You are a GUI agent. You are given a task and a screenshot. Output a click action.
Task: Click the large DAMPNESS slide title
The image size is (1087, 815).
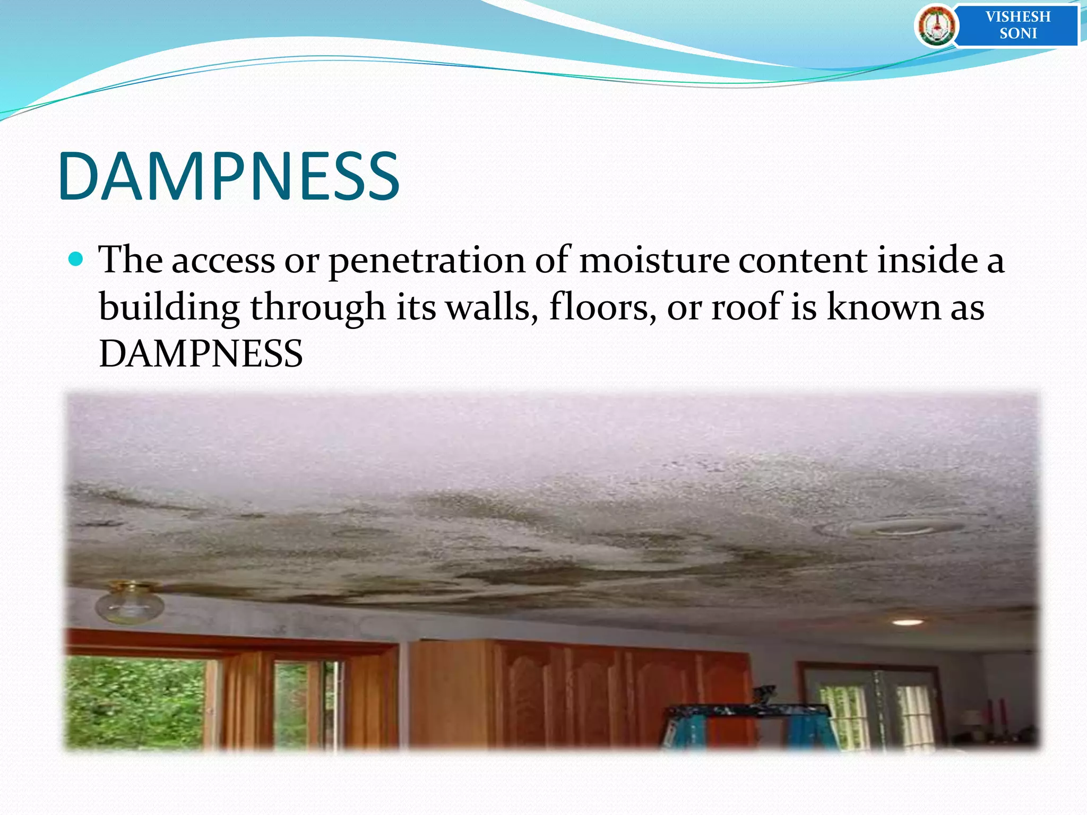click(228, 177)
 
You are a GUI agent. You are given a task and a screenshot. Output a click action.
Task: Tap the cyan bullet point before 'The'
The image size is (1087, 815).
click(76, 259)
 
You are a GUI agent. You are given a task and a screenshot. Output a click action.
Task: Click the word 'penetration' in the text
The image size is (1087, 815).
click(426, 261)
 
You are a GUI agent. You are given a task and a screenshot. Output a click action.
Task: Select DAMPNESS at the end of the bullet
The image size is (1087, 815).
click(201, 354)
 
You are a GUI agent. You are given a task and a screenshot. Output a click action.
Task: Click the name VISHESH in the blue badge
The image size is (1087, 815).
click(1017, 16)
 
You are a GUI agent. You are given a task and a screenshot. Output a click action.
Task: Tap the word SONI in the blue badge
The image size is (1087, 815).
click(1017, 33)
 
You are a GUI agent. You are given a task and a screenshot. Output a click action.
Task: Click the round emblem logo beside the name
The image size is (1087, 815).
click(936, 25)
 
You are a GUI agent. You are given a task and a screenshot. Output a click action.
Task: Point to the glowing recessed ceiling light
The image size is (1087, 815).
click(907, 622)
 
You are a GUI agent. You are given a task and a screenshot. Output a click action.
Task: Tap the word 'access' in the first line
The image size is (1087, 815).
click(223, 260)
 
